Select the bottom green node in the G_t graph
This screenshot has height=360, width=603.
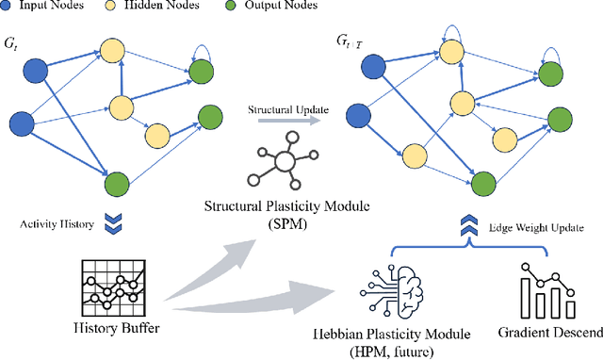click(x=116, y=183)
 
